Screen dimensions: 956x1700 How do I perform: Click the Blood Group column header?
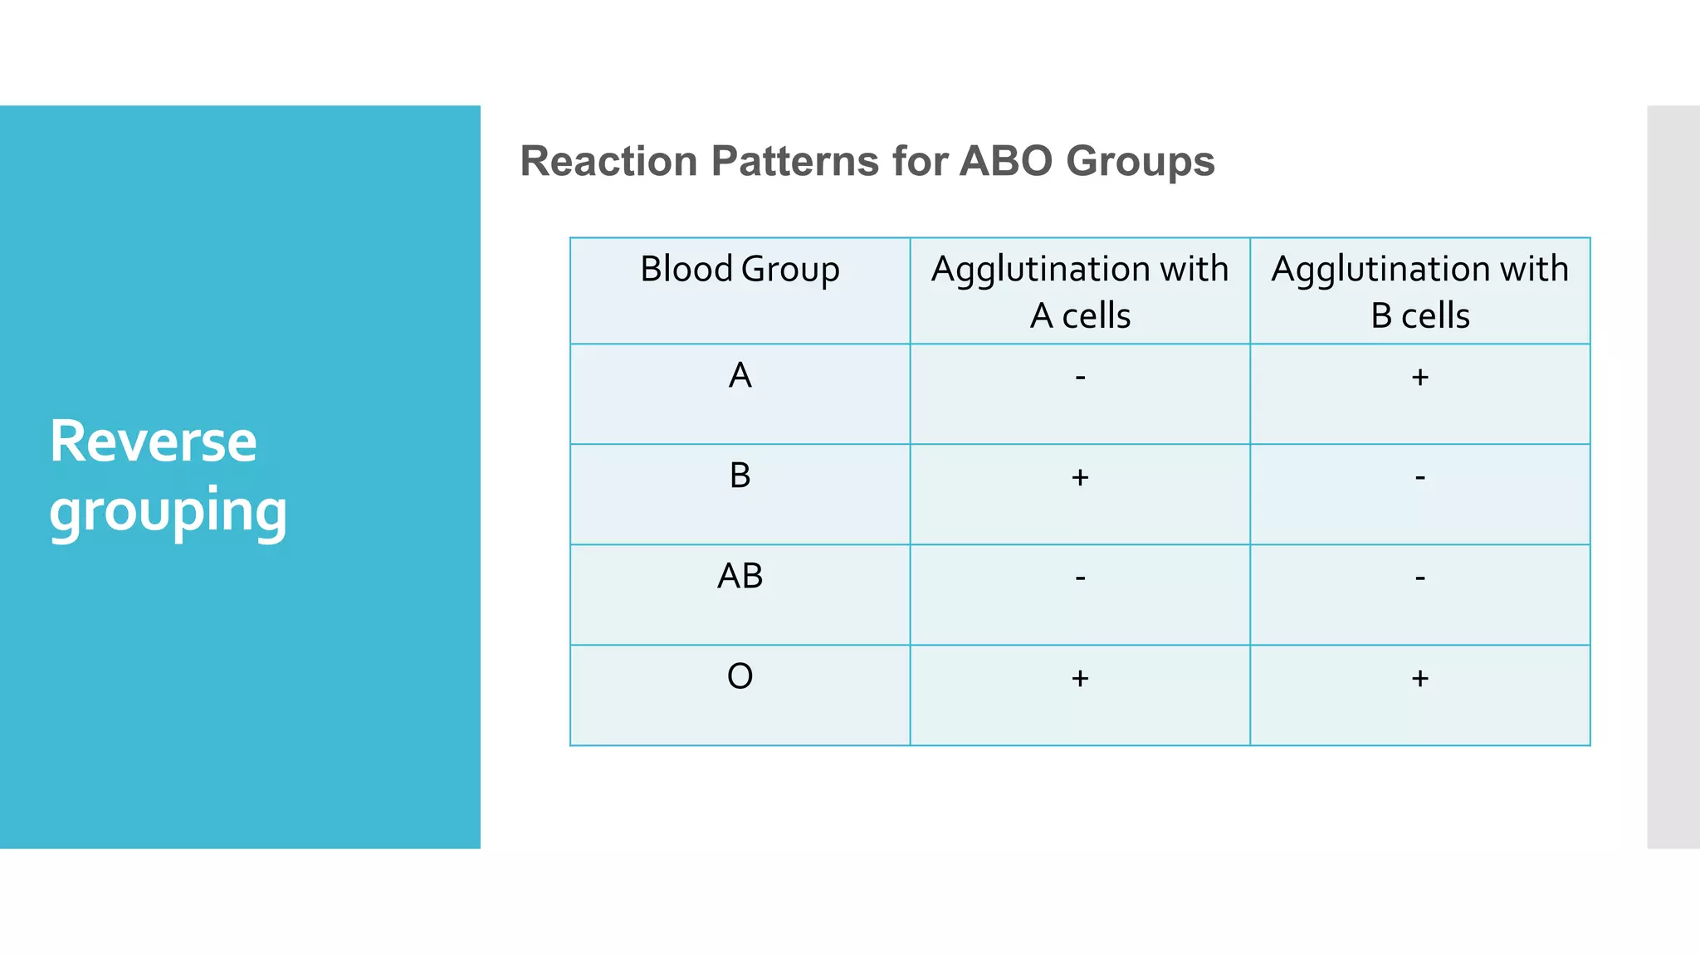(740, 270)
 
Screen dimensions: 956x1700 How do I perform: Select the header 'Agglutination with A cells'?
(1079, 291)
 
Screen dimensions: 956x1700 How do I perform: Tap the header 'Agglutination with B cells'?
(1419, 291)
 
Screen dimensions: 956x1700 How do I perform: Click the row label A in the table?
(740, 376)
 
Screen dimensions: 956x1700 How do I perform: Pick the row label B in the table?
(740, 476)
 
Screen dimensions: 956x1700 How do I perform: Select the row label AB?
(740, 576)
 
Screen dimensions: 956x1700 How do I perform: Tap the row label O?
(740, 676)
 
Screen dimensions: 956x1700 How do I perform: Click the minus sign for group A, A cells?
(1080, 378)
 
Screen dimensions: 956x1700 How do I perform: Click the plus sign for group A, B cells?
(1419, 378)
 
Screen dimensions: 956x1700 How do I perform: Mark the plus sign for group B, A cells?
(1080, 477)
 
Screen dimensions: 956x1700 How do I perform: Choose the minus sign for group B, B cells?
(1419, 478)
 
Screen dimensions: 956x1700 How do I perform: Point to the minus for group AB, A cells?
(1080, 578)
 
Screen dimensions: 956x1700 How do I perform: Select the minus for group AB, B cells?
(1419, 578)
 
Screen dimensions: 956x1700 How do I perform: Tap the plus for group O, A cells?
(1080, 678)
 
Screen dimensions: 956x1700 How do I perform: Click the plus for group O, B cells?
(1419, 678)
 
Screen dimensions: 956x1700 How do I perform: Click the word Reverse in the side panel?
(153, 441)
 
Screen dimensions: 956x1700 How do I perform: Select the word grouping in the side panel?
(168, 511)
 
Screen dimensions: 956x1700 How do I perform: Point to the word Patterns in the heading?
(794, 161)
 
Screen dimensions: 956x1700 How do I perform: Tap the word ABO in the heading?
(1005, 161)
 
